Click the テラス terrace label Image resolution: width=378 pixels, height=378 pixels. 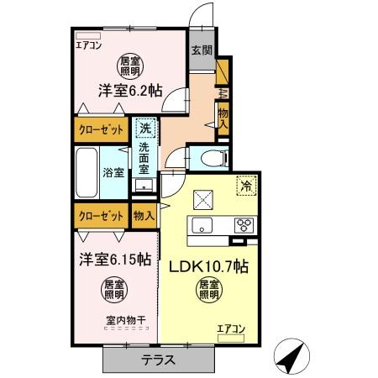coord(157,360)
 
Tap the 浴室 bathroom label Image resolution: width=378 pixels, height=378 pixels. coord(113,173)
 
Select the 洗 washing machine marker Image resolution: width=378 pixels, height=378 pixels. coord(144,129)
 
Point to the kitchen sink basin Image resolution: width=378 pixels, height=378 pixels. coord(202,225)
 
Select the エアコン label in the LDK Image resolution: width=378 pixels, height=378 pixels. coord(231,328)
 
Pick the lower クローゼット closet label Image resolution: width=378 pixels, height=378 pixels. coord(98,216)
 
